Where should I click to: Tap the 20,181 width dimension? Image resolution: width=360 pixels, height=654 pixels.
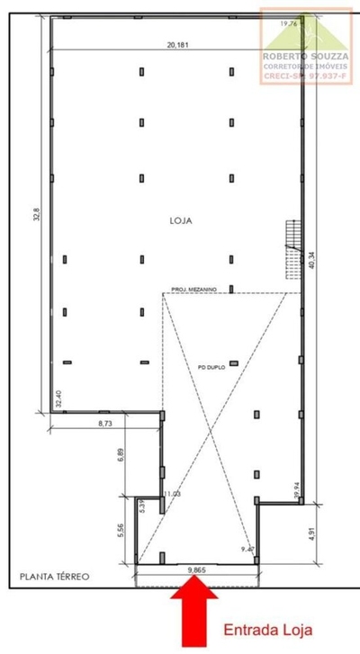click(177, 45)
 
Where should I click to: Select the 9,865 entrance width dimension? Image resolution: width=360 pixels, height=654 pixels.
click(202, 569)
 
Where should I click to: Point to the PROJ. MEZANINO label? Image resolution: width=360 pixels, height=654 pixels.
click(193, 289)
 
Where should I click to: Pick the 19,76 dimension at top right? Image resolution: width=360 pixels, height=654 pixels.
click(288, 24)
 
